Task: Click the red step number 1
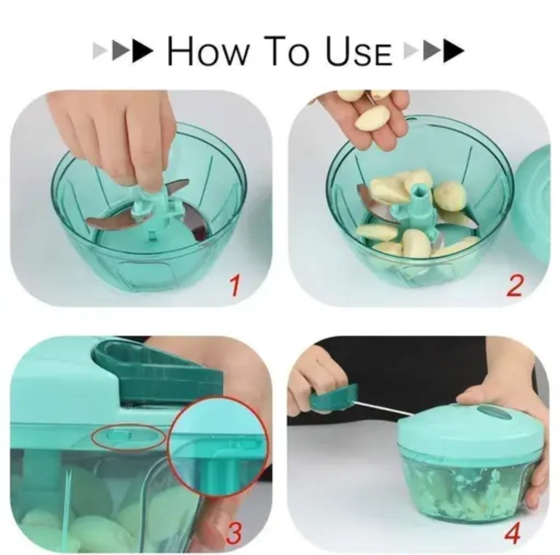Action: click(x=236, y=286)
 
